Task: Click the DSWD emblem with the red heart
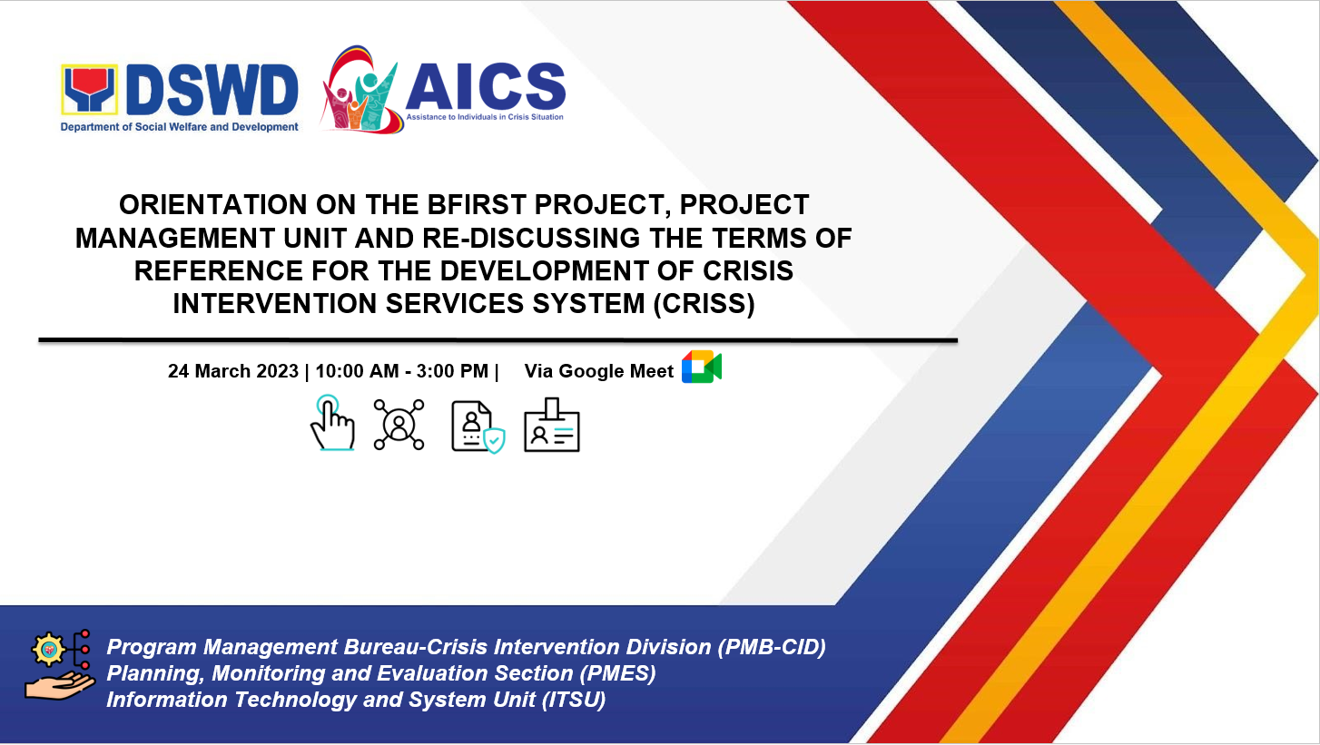tap(90, 90)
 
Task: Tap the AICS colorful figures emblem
tap(359, 90)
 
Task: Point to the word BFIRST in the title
tap(477, 205)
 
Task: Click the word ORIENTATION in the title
tap(213, 205)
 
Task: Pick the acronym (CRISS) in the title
tap(704, 304)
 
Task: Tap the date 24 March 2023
tap(233, 371)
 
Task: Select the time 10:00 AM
tap(357, 371)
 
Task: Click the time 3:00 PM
tap(452, 371)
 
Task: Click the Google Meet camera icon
tap(702, 367)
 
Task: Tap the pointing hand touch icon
tap(332, 423)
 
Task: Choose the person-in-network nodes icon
tap(399, 425)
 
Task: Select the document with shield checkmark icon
tap(478, 427)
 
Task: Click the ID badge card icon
tap(552, 425)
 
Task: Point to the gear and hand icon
tap(60, 665)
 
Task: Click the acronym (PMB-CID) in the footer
tap(772, 647)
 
